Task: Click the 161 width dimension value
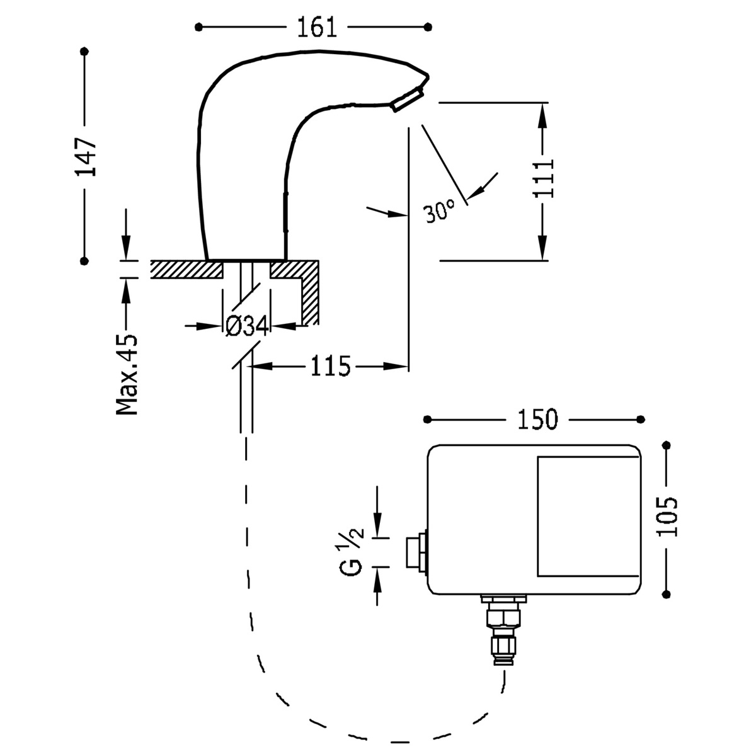coord(314,27)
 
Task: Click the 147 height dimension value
coord(85,156)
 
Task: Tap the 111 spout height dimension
coord(543,179)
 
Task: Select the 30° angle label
coord(439,211)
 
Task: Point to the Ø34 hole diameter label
coord(246,326)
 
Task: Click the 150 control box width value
coord(537,420)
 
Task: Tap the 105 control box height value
coord(667,517)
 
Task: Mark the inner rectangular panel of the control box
coord(587,516)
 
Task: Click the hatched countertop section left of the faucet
coord(186,269)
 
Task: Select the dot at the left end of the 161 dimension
coord(199,27)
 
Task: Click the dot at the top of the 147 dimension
coord(84,52)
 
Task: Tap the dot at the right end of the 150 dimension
coord(641,420)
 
